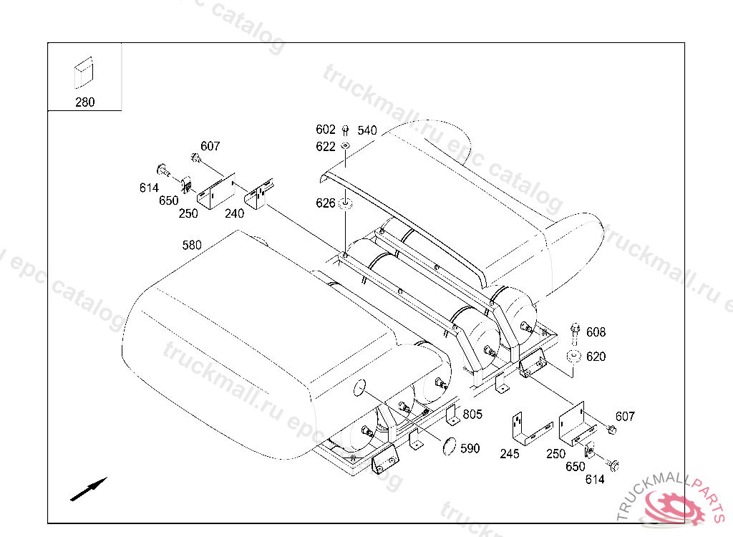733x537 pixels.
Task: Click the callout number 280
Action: point(84,102)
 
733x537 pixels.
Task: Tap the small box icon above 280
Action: point(84,72)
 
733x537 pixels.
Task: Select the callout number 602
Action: point(326,129)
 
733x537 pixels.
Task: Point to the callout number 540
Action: point(367,130)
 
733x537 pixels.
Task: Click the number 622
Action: point(326,146)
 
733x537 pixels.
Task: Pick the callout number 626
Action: point(326,203)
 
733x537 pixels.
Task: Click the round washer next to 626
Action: point(346,203)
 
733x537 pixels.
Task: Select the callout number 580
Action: point(192,245)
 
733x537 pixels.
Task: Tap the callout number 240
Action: point(234,214)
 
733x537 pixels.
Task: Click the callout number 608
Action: point(596,332)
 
